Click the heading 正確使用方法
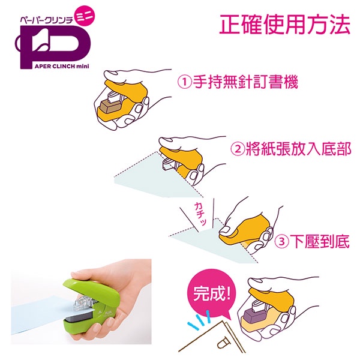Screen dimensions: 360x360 coord(284,25)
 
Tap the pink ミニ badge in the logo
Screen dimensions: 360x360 coord(85,16)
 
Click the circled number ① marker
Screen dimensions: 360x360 coord(184,83)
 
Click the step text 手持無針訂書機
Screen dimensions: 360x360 coord(245,82)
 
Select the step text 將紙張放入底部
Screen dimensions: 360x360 coord(298,149)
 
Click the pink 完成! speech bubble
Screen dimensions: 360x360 coord(212,294)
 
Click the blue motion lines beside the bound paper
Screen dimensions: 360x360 coord(199,319)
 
